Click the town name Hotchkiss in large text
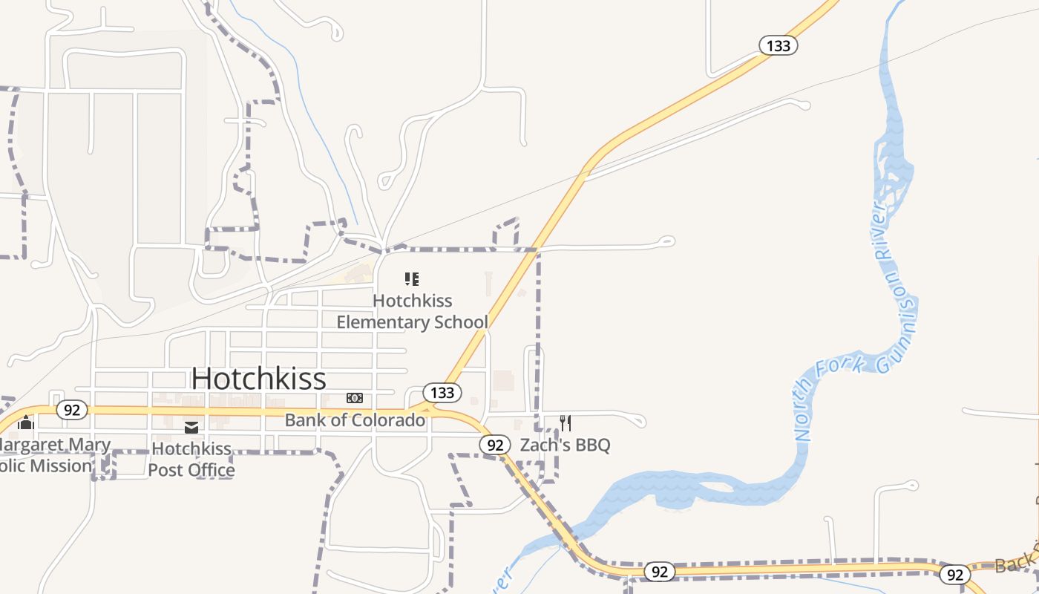pyautogui.click(x=258, y=379)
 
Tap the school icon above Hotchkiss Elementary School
pyautogui.click(x=412, y=279)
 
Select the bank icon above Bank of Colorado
pyautogui.click(x=355, y=399)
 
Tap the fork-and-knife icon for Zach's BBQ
pyautogui.click(x=566, y=423)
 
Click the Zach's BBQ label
pyautogui.click(x=565, y=446)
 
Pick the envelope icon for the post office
pyautogui.click(x=191, y=427)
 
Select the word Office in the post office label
pyautogui.click(x=212, y=470)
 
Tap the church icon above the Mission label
pyautogui.click(x=26, y=422)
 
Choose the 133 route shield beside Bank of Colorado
pyautogui.click(x=442, y=392)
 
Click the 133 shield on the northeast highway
pyautogui.click(x=778, y=45)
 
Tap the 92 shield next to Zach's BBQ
pyautogui.click(x=495, y=445)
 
